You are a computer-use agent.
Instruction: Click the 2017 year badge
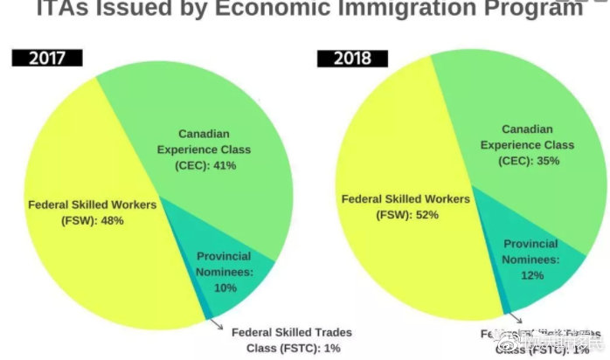(47, 59)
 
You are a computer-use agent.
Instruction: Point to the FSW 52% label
(405, 206)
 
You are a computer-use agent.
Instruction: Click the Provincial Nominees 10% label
(224, 272)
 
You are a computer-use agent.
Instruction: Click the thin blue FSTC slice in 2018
(504, 308)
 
